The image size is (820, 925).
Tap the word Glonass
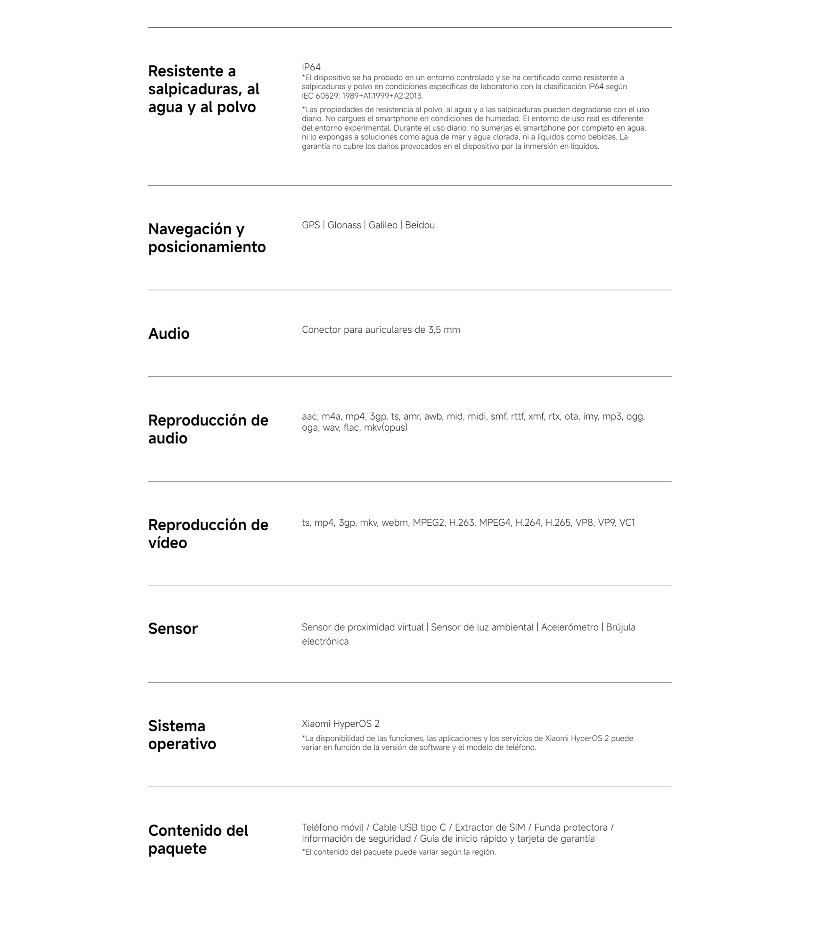344,225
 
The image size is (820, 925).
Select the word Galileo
382,225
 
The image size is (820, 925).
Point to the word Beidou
420,225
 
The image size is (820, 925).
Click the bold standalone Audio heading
169,334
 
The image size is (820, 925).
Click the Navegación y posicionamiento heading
207,238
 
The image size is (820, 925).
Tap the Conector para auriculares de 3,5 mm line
381,330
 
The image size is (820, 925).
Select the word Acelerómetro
570,628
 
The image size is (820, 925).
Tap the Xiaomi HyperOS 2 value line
340,724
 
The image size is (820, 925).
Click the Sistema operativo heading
182,735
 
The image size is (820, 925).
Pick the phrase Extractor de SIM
490,828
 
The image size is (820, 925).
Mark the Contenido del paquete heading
198,840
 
